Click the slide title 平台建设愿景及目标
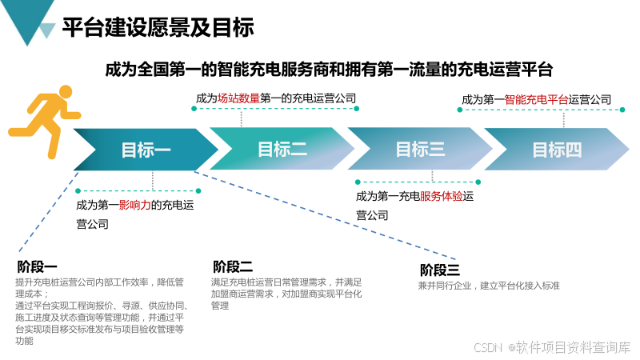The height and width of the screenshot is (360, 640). click(158, 28)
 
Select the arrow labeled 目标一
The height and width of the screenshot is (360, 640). click(146, 150)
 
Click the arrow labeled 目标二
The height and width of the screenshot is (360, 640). click(282, 150)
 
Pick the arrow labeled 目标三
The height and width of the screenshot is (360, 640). click(420, 150)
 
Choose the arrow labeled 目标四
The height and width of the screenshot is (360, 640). click(557, 150)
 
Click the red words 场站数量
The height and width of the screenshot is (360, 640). click(238, 98)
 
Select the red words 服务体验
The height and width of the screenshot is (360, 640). click(442, 196)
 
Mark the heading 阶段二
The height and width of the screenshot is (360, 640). click(233, 267)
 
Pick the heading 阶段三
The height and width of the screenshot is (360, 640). click(440, 270)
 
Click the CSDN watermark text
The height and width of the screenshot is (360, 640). click(488, 347)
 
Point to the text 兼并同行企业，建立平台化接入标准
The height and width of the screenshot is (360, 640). click(488, 286)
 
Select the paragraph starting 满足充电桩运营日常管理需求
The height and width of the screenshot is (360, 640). click(287, 294)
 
